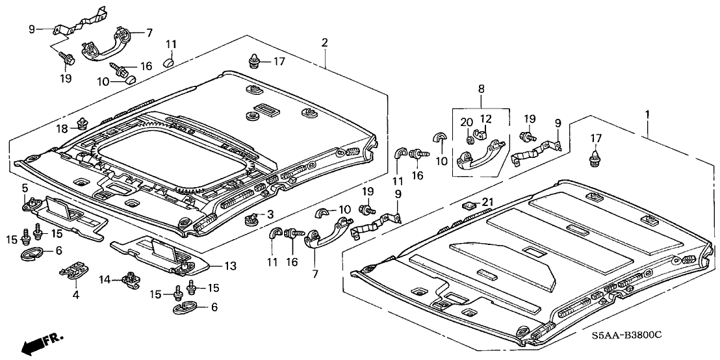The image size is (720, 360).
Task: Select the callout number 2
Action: [324, 43]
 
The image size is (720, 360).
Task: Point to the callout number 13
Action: [231, 266]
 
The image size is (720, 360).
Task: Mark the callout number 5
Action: [25, 188]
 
